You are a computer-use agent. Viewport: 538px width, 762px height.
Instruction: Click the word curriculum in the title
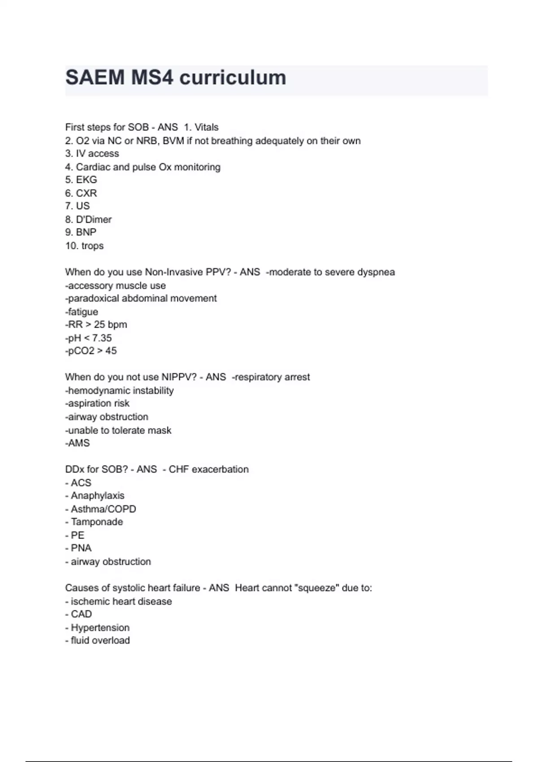(233, 78)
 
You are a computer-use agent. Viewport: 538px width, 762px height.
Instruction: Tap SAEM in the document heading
(95, 78)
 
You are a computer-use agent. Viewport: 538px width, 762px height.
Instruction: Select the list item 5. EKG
(81, 180)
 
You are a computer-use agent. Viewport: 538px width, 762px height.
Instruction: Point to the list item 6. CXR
(81, 193)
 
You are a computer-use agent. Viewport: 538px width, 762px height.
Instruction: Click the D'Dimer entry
(93, 220)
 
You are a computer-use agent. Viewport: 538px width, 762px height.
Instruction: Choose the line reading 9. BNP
(81, 232)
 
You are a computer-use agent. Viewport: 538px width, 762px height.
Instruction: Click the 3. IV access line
(92, 154)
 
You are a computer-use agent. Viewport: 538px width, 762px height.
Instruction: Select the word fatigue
(82, 312)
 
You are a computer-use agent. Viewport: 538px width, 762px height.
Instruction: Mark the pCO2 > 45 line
(91, 351)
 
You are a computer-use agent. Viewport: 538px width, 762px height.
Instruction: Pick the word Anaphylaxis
(97, 496)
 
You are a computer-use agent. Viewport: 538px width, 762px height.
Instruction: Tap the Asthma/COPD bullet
(103, 509)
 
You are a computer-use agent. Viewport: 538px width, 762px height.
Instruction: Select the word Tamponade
(96, 522)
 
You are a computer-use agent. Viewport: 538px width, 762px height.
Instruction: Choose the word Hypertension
(100, 628)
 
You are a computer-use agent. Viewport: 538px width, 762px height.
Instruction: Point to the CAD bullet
(81, 614)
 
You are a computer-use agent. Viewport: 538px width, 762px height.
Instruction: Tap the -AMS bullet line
(78, 443)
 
